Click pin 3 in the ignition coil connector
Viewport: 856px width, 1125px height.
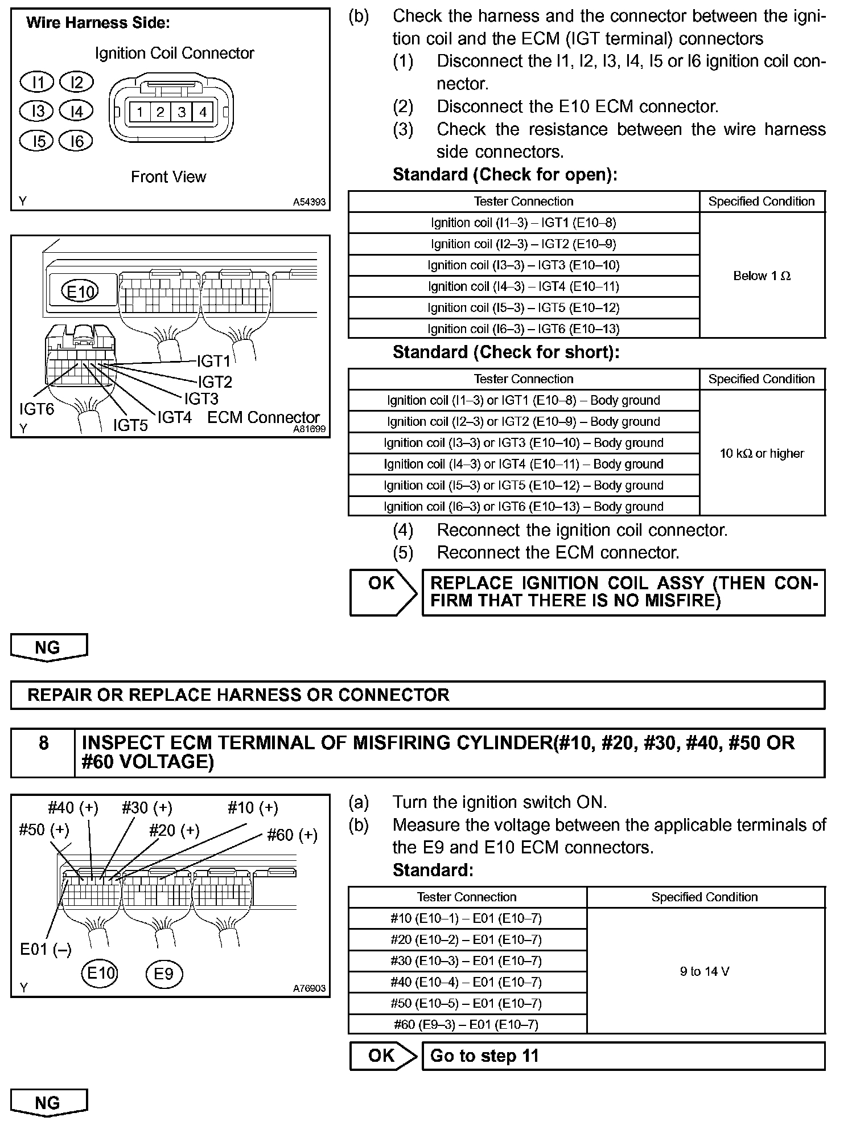[x=182, y=112]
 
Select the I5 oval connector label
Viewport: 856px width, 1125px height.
[x=38, y=140]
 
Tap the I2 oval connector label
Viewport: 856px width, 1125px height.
[x=76, y=83]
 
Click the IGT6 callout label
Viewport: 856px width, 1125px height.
[x=36, y=409]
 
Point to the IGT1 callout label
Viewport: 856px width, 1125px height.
[x=214, y=361]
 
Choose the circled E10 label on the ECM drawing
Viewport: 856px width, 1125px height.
[x=80, y=291]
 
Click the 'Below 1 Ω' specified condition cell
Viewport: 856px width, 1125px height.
[x=762, y=276]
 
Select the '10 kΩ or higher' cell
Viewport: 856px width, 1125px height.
[x=762, y=454]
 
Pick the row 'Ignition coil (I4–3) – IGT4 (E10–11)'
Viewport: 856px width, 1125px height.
[x=524, y=286]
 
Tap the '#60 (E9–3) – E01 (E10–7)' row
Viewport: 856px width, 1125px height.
[x=467, y=1025]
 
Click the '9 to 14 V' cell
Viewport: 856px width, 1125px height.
[x=705, y=972]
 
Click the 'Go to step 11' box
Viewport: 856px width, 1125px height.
[x=623, y=1056]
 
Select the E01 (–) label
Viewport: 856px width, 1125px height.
[x=46, y=949]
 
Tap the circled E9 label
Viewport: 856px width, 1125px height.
[x=164, y=974]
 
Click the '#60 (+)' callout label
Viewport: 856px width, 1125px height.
[x=292, y=835]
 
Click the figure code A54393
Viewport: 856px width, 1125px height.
[x=309, y=202]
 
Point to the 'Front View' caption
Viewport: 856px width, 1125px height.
[x=168, y=177]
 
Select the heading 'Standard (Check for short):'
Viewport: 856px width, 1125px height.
[x=506, y=352]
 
